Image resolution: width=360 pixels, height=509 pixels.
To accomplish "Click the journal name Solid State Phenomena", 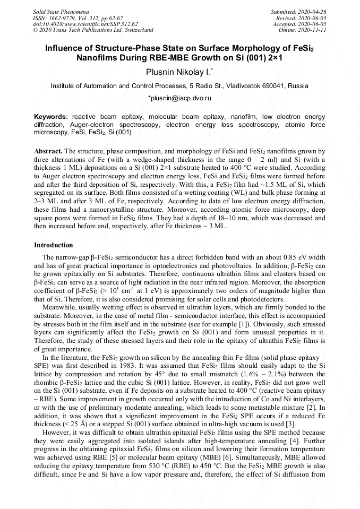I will [x=61, y=11].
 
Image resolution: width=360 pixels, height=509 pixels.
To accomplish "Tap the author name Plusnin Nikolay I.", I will [x=179, y=72].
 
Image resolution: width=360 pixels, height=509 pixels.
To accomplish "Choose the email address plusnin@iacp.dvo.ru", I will [x=180, y=98].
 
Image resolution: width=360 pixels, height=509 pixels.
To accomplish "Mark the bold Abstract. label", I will [x=48, y=151].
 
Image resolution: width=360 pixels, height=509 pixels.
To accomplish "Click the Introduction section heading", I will [x=54, y=245].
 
